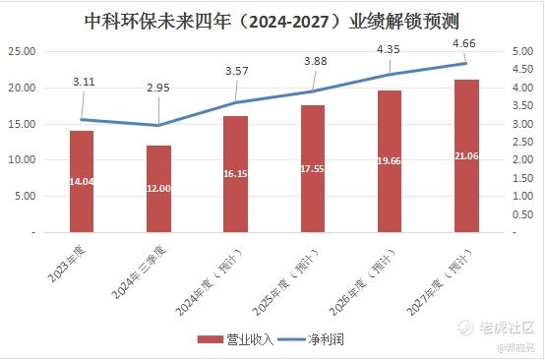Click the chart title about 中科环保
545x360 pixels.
tap(272, 22)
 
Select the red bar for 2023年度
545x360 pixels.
tap(82, 181)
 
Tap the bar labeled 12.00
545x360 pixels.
tap(158, 189)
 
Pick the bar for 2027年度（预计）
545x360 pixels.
tap(466, 156)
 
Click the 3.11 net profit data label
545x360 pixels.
tap(84, 82)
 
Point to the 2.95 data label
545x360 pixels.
tap(158, 88)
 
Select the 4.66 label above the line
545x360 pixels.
tap(464, 43)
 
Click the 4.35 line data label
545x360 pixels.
tap(389, 49)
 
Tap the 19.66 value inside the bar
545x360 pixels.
tap(390, 161)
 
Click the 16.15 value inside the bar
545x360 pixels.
tap(235, 173)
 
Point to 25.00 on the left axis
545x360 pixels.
tap(22, 51)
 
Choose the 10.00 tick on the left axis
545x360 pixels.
tap(22, 160)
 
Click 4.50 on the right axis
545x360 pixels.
tap(522, 70)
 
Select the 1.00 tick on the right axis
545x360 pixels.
tap(522, 196)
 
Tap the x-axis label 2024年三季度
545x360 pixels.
tap(139, 271)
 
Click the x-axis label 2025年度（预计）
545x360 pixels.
tap(286, 282)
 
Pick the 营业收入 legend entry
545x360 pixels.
tap(235, 339)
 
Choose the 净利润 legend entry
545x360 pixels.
tap(311, 339)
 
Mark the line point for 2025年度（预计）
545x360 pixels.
tap(312, 91)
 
